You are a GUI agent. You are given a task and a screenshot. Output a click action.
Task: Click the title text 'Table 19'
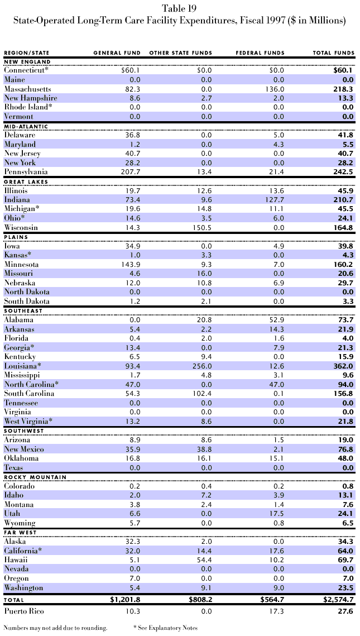180,8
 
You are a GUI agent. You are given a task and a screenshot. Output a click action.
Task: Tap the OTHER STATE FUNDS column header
180,53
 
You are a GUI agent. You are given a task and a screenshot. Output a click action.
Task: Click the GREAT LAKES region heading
26,181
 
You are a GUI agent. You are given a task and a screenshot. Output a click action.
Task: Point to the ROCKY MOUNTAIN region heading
35,477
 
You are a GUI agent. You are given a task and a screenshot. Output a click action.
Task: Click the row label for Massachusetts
27,89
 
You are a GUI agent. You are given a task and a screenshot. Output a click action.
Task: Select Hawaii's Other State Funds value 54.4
203,560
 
